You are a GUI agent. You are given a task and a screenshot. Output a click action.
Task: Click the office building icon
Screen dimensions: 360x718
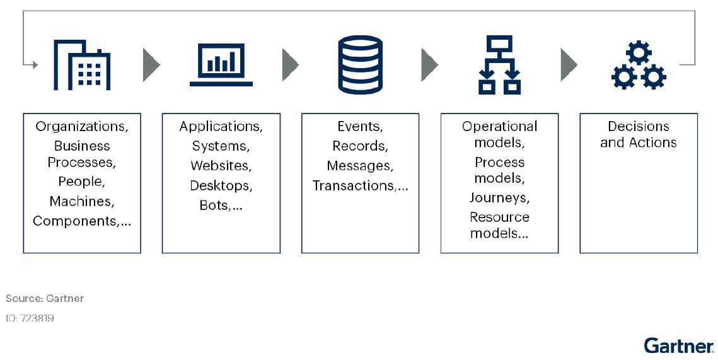click(x=82, y=64)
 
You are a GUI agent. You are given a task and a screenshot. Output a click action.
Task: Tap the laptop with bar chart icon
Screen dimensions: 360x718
click(x=221, y=64)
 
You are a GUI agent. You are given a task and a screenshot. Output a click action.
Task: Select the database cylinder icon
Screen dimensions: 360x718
click(x=360, y=64)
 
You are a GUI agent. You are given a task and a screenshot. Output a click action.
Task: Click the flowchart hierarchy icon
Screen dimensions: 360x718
click(x=499, y=64)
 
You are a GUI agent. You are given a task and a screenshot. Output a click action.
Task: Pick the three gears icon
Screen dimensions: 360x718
click(x=639, y=64)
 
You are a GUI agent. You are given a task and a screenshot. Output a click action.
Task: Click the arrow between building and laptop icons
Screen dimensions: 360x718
click(x=151, y=64)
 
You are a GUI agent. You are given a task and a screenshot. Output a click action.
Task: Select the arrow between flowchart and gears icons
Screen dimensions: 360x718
click(x=569, y=64)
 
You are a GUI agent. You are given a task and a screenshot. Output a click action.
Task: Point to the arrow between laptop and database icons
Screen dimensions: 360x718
click(x=290, y=64)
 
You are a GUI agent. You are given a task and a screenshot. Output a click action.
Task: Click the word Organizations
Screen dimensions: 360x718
click(x=81, y=127)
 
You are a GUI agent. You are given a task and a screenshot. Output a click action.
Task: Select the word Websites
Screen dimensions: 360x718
click(x=221, y=166)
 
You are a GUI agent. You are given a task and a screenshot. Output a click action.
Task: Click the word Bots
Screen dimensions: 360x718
click(x=214, y=206)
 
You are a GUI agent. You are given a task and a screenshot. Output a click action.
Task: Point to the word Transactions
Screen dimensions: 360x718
click(x=353, y=186)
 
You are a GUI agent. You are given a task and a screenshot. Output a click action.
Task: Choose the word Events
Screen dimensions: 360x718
click(x=360, y=127)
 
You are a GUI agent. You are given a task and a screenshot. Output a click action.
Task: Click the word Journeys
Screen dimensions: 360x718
click(x=499, y=198)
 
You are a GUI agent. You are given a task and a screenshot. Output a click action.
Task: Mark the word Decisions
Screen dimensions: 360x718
click(x=638, y=127)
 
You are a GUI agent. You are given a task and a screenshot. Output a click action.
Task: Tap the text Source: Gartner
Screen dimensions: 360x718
click(x=45, y=298)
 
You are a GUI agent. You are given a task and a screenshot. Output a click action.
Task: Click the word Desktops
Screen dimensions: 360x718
click(x=221, y=186)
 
